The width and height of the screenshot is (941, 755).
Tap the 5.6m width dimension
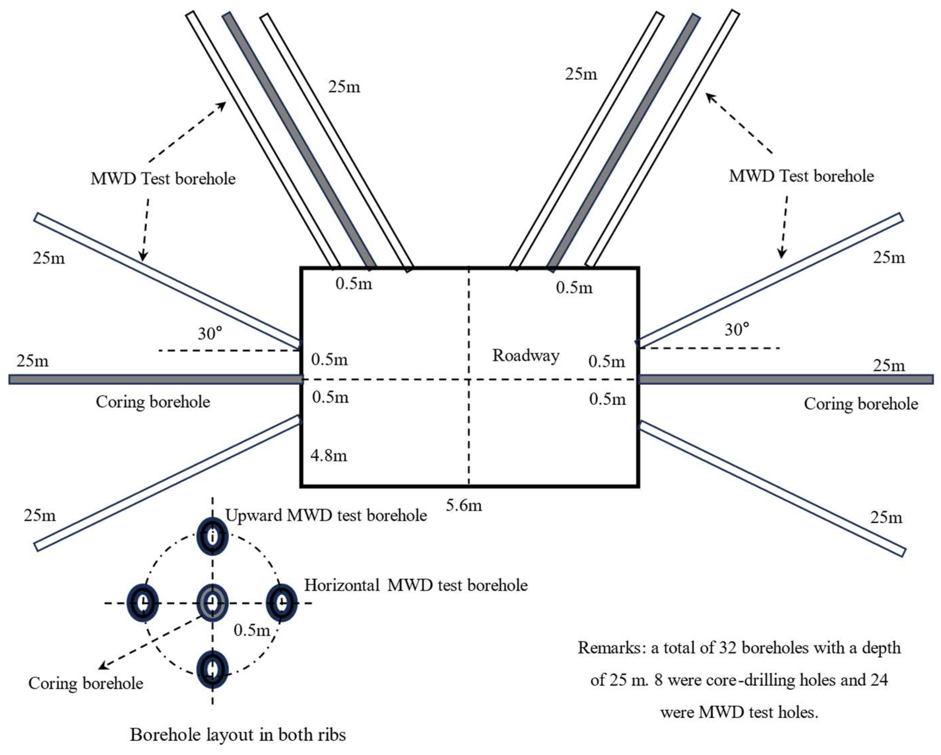pos(463,505)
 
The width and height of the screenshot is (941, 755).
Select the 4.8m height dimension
pos(329,455)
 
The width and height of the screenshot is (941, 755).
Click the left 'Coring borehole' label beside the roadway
pos(153,402)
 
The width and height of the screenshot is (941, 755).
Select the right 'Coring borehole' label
pos(861,404)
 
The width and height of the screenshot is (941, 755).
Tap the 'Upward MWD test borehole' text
pos(326,515)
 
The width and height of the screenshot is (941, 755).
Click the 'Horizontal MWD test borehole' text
pos(415,585)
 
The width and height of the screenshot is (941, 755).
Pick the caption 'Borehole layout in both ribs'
pos(238,735)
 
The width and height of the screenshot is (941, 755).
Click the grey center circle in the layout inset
pos(212,603)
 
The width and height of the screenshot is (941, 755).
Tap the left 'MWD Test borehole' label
pos(163,179)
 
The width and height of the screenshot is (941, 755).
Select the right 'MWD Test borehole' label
pos(801,176)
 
